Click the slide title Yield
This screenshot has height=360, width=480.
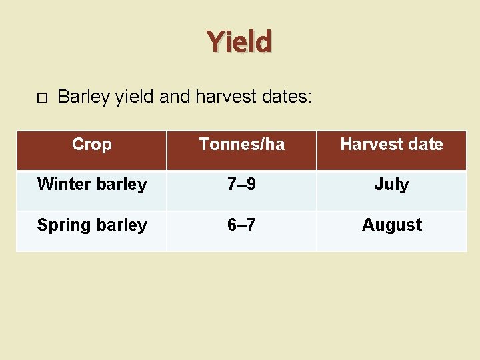tap(239, 41)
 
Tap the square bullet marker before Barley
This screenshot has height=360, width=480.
tap(41, 98)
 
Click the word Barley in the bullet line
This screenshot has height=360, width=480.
tap(84, 97)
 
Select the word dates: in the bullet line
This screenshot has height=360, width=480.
tap(285, 97)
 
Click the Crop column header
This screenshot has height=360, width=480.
tap(91, 144)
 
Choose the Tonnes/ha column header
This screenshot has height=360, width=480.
tap(241, 144)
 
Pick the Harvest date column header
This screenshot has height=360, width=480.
tap(391, 144)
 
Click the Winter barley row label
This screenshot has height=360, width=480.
tap(92, 185)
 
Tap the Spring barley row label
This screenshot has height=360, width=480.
tap(92, 225)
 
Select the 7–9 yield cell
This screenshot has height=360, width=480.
tap(241, 185)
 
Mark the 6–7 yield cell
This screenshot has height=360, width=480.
tap(241, 225)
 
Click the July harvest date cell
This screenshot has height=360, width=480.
tap(391, 185)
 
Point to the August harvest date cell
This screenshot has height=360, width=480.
tap(391, 225)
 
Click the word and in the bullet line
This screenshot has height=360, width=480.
tap(175, 97)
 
